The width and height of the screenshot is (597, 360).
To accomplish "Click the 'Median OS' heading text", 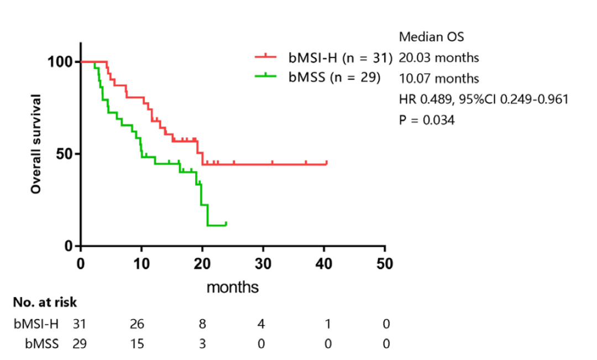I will [431, 37].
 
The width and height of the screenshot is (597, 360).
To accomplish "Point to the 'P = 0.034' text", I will [427, 120].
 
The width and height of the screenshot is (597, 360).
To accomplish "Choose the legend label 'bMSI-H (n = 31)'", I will [339, 58].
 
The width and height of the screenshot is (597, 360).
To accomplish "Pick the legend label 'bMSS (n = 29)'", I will [334, 78].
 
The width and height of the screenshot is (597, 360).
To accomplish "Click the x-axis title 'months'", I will [233, 288].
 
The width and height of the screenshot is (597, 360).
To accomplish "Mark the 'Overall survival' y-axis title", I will [36, 144].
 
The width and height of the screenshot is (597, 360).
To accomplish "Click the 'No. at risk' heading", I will [45, 302].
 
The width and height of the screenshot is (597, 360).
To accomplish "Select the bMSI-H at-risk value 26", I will [137, 324].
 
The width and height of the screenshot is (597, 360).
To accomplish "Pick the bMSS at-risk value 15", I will [137, 344].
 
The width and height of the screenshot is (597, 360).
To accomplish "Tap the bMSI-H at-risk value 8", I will [202, 324].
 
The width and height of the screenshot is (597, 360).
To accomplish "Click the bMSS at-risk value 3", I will [202, 344].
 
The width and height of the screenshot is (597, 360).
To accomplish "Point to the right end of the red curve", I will [327, 163].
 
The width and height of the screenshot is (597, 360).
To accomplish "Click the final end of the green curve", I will [226, 223].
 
